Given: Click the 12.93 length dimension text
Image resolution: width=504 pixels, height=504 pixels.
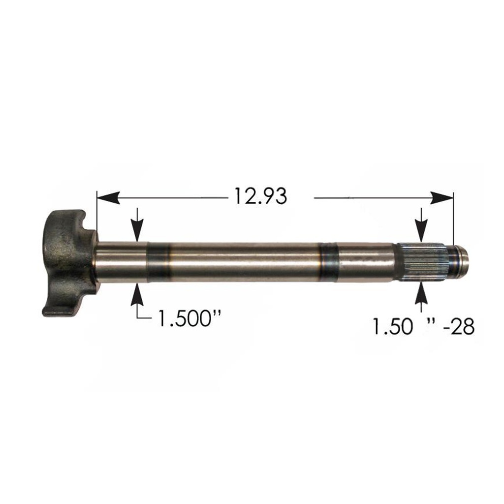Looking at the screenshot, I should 260,197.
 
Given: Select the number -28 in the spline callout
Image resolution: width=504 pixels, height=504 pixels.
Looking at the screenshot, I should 458,327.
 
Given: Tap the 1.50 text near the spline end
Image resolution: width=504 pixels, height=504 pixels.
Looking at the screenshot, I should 391,327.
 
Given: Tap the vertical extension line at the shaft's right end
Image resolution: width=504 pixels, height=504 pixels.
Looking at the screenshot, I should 453,221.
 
